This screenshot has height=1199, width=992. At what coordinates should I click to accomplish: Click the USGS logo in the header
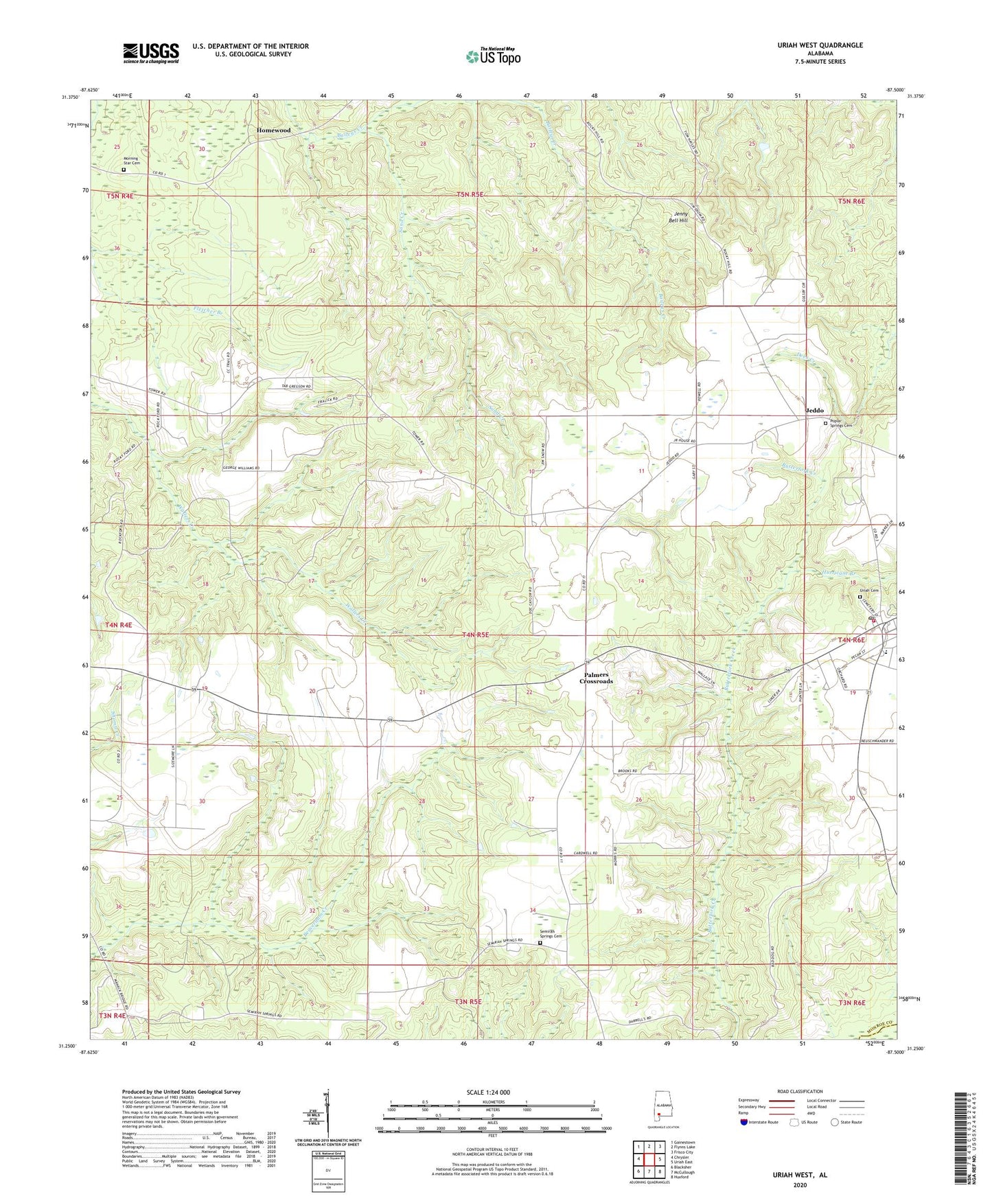click(150, 52)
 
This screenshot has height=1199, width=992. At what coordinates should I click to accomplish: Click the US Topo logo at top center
click(493, 56)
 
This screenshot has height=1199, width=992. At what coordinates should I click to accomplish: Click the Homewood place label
click(274, 130)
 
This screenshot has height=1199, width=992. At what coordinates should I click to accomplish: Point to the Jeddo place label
click(814, 411)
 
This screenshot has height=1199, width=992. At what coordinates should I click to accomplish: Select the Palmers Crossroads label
click(595, 678)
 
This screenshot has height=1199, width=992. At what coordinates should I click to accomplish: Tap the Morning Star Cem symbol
click(124, 170)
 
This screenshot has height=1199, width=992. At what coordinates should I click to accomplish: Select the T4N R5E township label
click(471, 635)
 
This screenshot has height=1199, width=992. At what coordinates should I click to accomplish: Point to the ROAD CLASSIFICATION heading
click(799, 1091)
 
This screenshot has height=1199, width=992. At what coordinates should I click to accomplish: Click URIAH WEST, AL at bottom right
click(799, 1175)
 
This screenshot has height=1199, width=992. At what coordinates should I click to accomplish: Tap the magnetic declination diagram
click(327, 1113)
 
